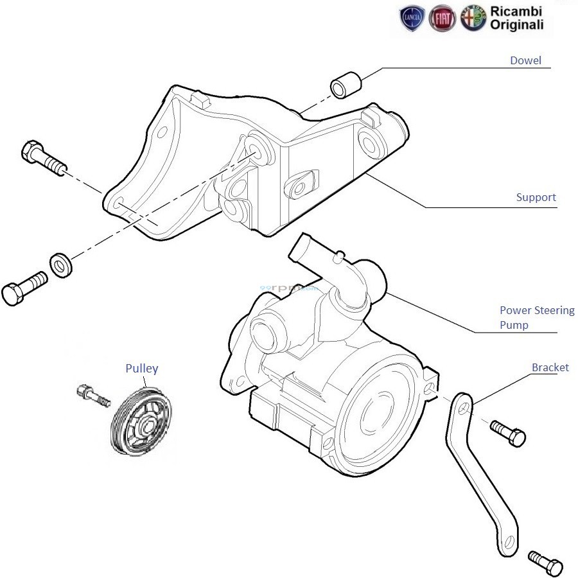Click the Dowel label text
(x=525, y=61)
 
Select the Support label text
(x=536, y=197)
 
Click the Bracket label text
(x=550, y=367)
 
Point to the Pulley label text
(x=141, y=369)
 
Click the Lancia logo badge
(x=412, y=19)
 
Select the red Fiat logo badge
(x=442, y=19)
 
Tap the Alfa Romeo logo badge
(x=472, y=19)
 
